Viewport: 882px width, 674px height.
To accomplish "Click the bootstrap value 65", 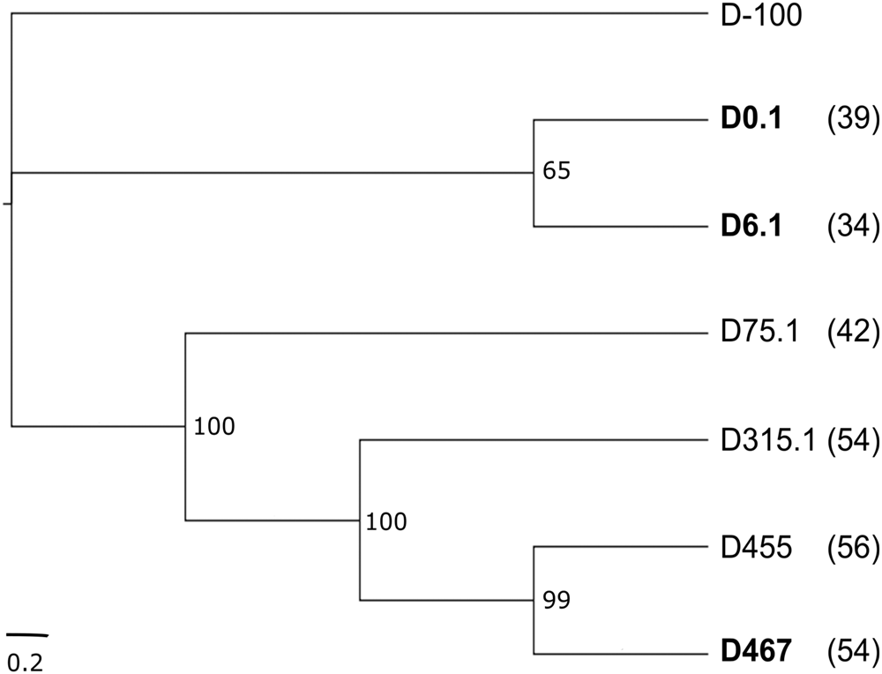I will tap(556, 171).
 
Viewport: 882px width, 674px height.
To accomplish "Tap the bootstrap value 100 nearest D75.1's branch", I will tap(214, 428).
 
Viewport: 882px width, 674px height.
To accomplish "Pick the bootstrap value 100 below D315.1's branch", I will tap(387, 521).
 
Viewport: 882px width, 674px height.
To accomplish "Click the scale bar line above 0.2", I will tap(26, 633).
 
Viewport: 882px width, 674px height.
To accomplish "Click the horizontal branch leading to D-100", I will tap(353, 12).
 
